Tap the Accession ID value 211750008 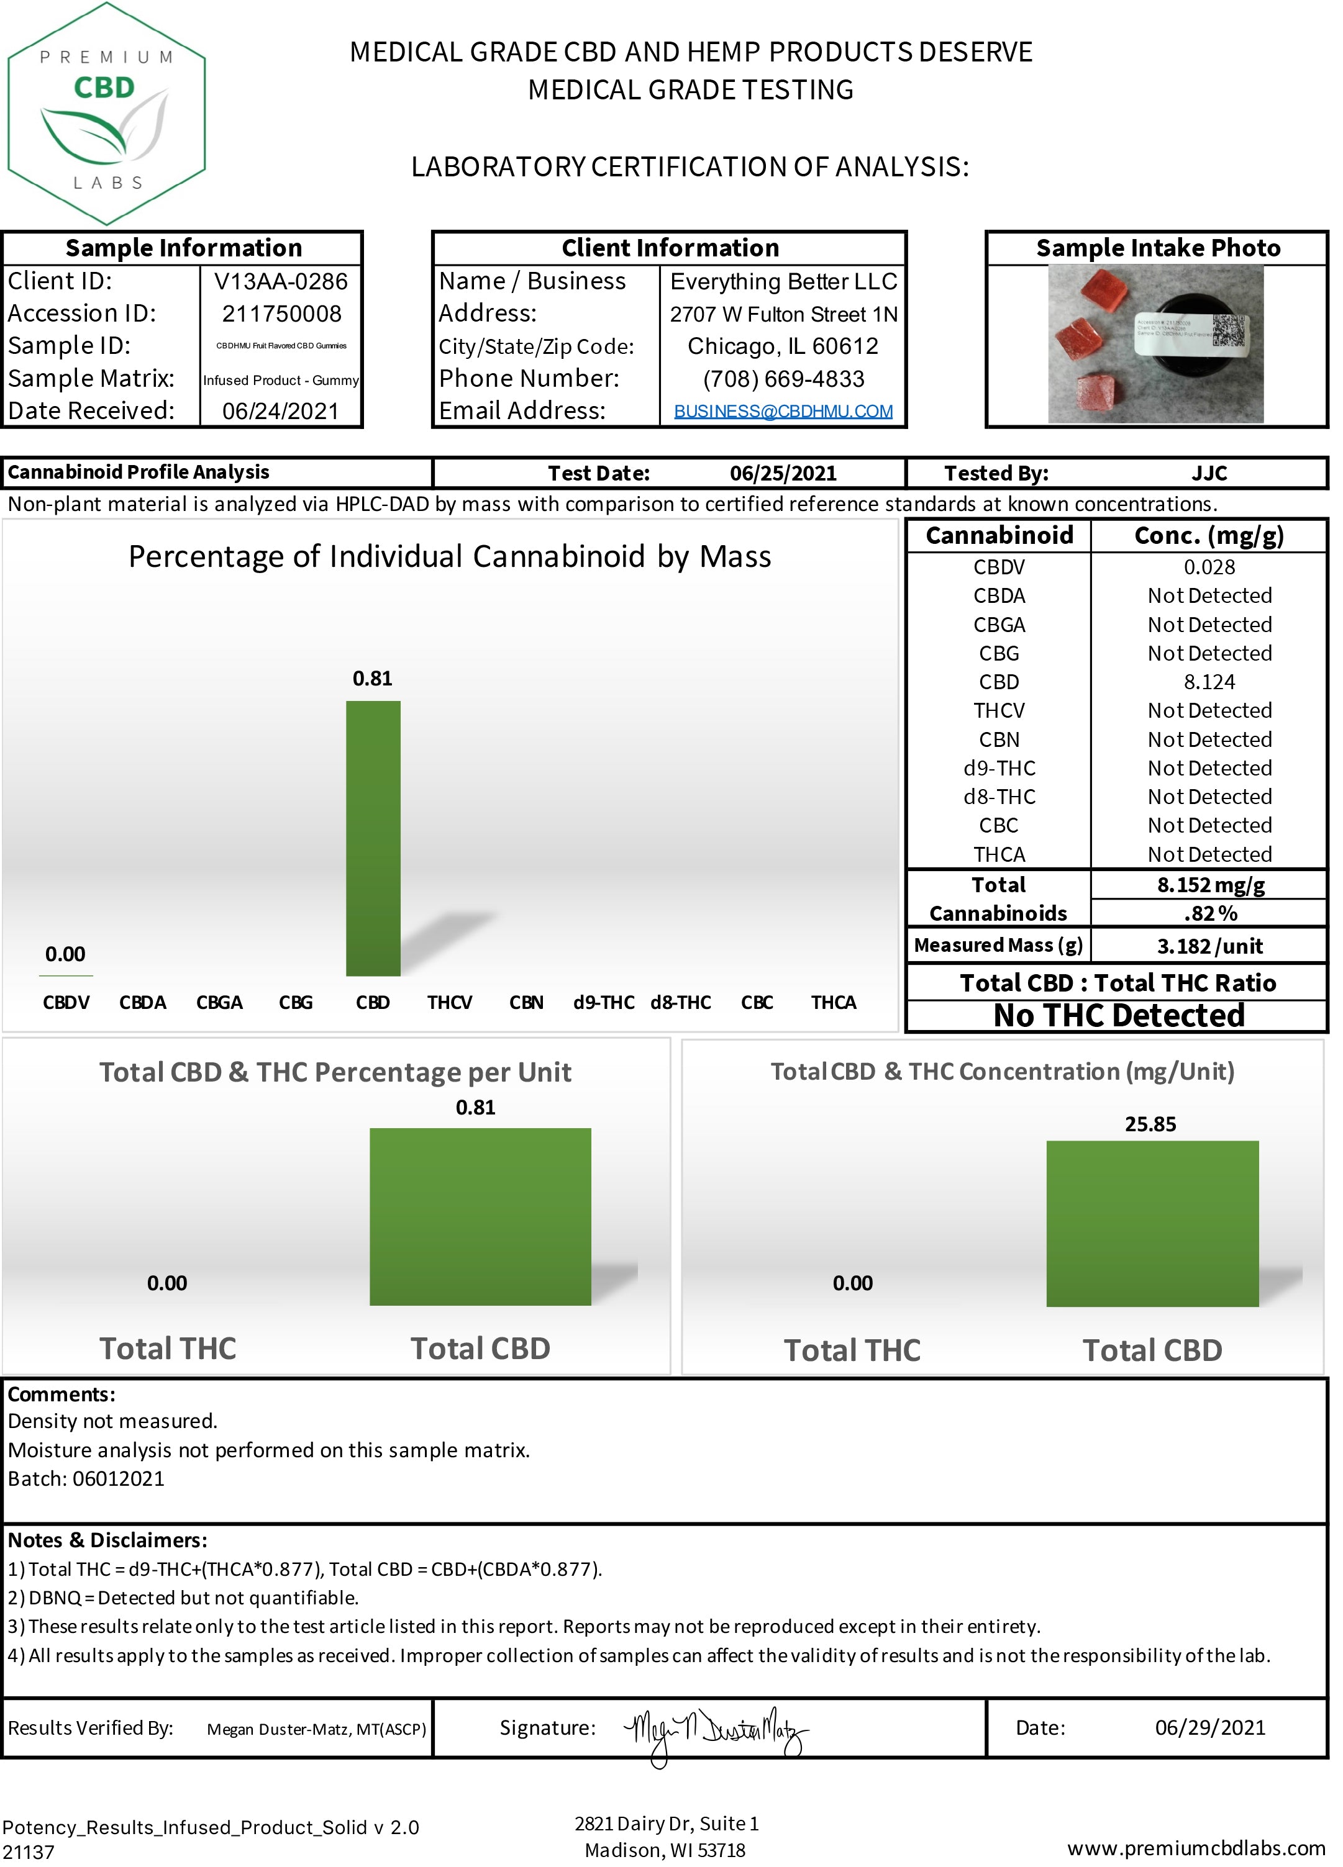pos(281,314)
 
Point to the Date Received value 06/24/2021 pos(280,411)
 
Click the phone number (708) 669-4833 pos(783,379)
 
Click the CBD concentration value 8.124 pos(1209,682)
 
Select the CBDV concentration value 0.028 pos(1209,567)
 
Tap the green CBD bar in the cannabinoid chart pos(373,838)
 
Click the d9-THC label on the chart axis pos(604,1003)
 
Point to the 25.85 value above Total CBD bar pos(1150,1124)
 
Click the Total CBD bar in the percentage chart pos(480,1217)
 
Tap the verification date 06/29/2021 pos(1209,1728)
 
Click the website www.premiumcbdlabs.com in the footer pos(1196,1848)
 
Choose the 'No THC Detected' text pos(1118,1016)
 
